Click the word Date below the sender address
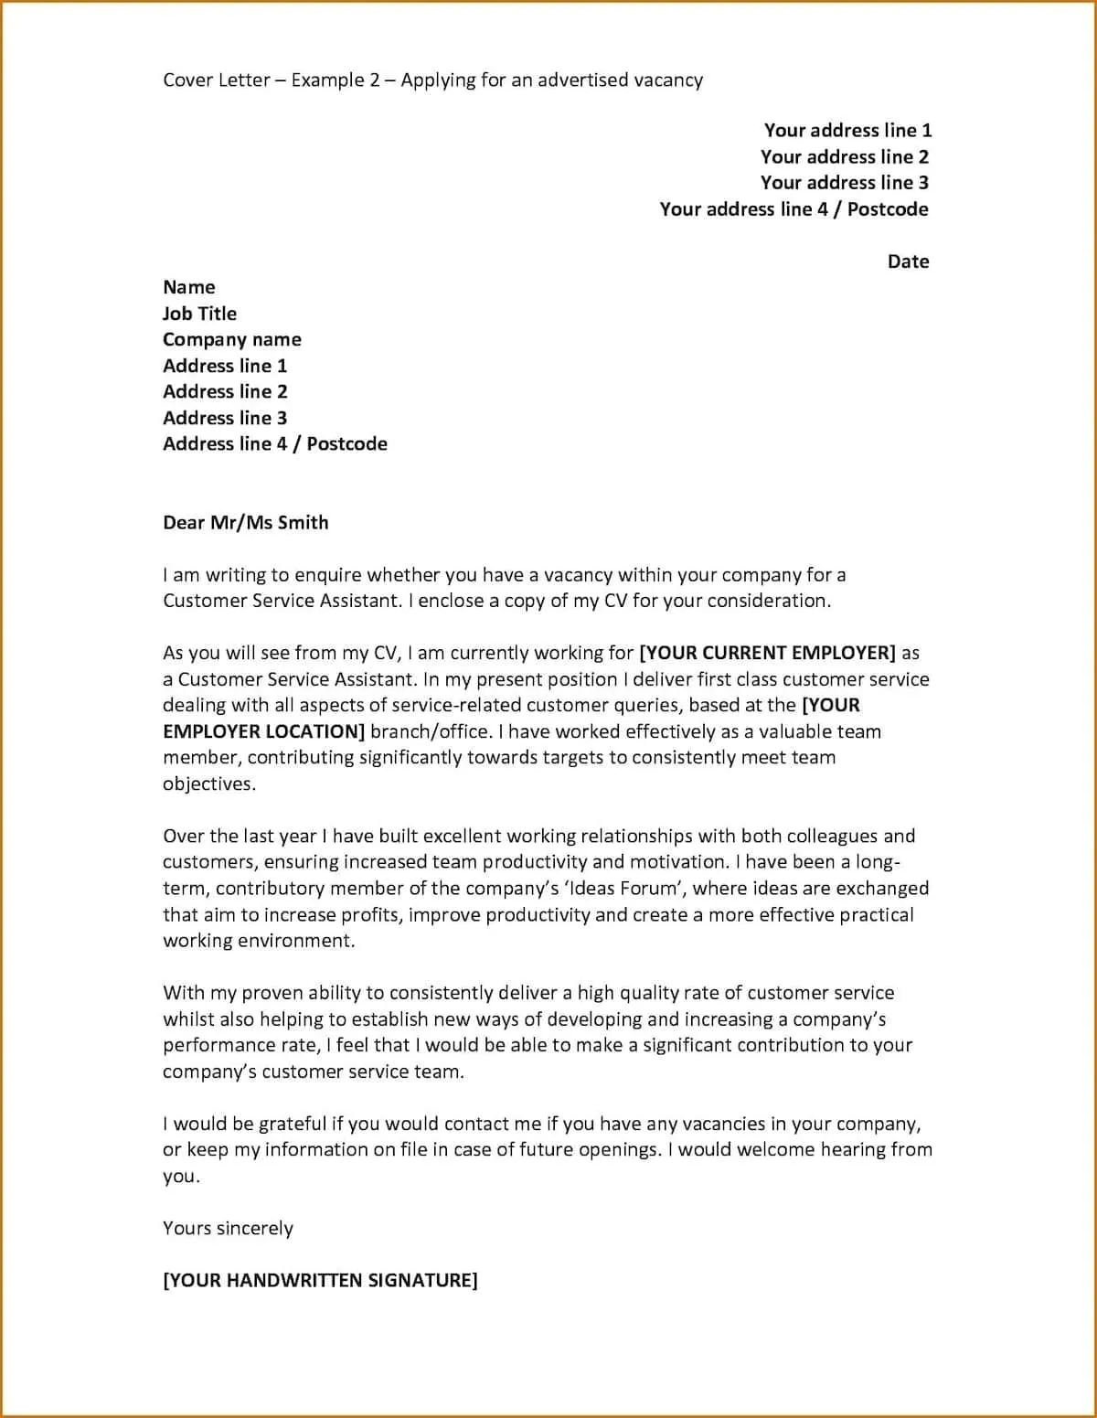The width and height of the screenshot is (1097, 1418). tap(907, 261)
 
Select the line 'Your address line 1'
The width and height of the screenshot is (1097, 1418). tap(847, 131)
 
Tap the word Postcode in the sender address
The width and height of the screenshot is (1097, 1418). tap(887, 209)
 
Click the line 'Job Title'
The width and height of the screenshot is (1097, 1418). tap(199, 314)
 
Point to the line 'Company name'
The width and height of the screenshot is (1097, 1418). tap(231, 340)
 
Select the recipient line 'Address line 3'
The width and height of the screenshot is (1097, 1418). tap(225, 419)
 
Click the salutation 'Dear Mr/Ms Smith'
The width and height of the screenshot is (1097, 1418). tap(245, 523)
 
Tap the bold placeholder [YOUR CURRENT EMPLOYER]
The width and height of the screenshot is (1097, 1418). tap(767, 653)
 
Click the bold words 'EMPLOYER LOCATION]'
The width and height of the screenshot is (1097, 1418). tap(263, 731)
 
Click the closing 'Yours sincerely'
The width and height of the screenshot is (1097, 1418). tap(228, 1229)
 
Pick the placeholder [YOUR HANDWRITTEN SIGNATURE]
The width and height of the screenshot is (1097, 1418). tap(320, 1281)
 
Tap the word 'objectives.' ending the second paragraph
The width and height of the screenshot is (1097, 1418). tap(209, 784)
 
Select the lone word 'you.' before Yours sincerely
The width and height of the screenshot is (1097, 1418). tap(181, 1177)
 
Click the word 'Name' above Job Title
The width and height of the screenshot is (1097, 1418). tap(188, 287)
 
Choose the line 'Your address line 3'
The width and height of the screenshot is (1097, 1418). tap(844, 183)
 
